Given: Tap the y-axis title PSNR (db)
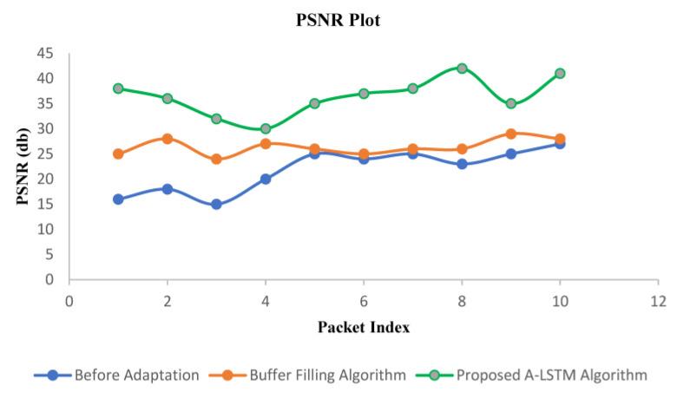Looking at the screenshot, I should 24,166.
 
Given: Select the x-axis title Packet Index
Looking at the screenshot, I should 364,328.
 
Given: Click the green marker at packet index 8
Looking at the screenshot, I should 462,69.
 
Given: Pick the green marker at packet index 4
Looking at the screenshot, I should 266,128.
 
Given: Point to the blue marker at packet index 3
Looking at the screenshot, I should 216,205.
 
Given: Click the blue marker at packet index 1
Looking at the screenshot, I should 118,199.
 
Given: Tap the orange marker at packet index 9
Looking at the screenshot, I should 511,134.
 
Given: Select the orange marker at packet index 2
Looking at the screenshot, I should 168,139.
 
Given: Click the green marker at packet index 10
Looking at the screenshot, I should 560,73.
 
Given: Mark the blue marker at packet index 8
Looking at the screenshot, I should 462,164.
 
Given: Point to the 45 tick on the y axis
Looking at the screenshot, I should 45,54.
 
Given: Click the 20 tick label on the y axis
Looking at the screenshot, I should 45,179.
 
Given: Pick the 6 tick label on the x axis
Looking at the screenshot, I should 364,301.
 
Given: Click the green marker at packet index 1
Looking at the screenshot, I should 118,88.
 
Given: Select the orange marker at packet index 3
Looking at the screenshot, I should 216,160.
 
